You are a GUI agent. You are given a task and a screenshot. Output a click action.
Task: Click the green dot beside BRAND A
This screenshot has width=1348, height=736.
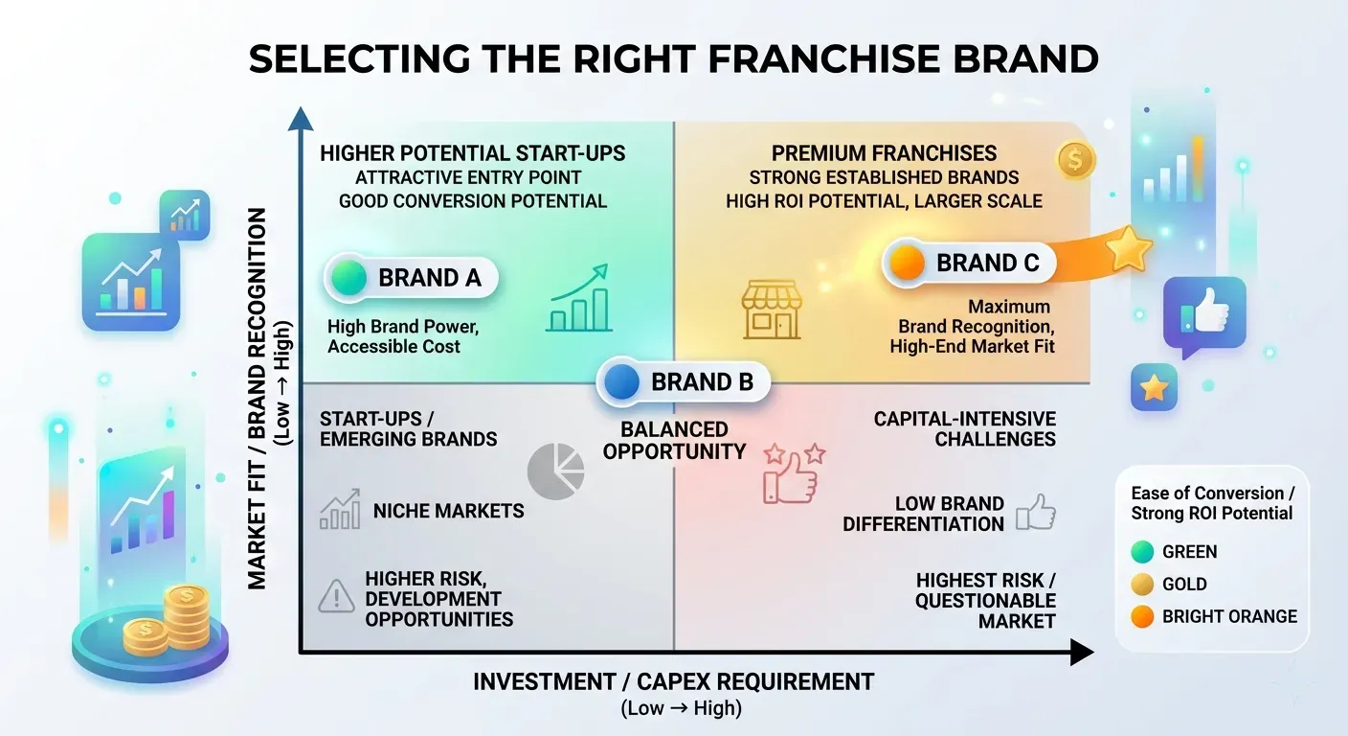[349, 278]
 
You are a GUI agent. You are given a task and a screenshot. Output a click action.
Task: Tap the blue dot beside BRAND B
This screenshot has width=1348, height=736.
[621, 381]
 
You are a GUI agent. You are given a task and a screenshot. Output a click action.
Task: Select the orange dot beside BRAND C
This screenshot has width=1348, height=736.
[907, 263]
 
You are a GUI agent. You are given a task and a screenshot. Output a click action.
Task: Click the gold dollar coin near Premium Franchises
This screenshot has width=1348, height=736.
[1076, 160]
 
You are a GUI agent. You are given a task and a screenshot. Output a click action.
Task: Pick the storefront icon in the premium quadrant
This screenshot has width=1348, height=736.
[771, 310]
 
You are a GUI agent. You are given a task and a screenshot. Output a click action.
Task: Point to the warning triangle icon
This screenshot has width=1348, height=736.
[336, 596]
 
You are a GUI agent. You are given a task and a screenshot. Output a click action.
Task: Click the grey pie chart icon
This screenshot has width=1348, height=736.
[555, 471]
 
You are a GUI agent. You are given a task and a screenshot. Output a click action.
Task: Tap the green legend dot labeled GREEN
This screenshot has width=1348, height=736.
[1142, 552]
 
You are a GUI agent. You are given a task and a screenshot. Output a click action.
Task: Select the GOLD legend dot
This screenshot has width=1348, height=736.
[1142, 585]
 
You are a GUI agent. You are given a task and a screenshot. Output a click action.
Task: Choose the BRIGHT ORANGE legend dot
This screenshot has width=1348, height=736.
[1142, 617]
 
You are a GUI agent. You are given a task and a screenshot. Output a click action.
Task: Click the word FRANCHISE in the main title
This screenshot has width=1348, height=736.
[823, 59]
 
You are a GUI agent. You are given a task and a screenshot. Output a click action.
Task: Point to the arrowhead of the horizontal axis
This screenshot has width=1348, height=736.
[1082, 653]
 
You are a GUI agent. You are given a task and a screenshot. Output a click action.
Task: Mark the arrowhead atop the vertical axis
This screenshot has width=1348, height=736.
[301, 119]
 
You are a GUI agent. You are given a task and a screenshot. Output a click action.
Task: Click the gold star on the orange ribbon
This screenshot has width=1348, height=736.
[1129, 248]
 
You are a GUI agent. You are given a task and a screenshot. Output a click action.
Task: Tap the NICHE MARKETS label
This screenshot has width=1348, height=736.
[448, 511]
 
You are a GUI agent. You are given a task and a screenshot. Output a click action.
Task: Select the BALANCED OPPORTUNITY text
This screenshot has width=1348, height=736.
[674, 440]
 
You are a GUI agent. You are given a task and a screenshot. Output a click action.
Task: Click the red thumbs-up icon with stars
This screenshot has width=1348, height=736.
[794, 472]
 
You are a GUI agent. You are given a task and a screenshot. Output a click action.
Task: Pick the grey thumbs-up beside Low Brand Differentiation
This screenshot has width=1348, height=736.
[1036, 513]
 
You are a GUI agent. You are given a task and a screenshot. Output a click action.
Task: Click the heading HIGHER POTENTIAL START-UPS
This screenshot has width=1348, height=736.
[472, 153]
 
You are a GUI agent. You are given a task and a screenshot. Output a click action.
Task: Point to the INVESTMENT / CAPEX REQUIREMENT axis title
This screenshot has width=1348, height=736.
[673, 681]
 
